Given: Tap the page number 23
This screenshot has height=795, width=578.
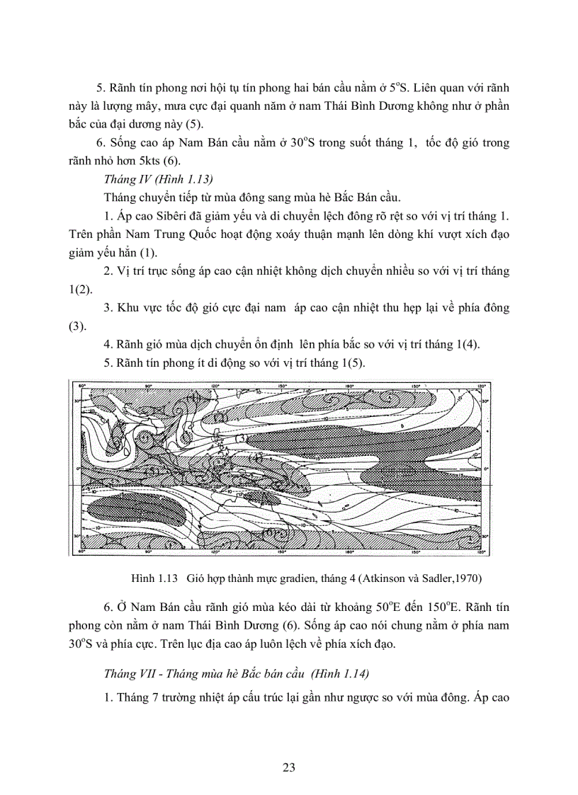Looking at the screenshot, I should (288, 767).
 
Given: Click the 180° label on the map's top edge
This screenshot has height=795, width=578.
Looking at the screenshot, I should (348, 386).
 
